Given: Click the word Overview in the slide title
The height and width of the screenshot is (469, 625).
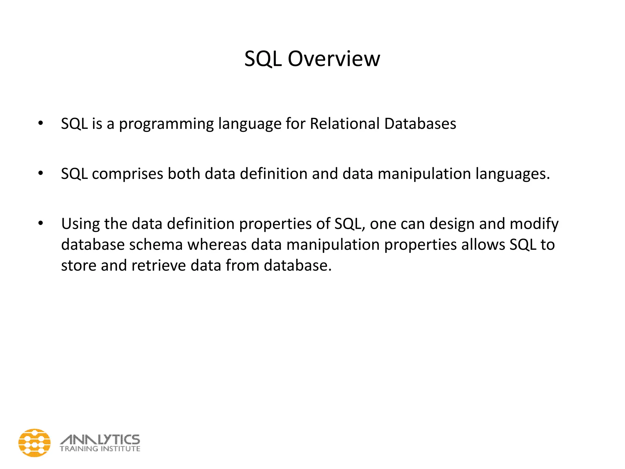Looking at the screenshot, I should (334, 59).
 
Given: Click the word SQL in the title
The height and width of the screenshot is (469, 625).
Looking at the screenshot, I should (263, 59).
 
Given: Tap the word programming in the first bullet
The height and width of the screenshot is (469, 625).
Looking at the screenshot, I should (166, 124).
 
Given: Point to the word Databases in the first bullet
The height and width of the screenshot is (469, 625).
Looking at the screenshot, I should (420, 124).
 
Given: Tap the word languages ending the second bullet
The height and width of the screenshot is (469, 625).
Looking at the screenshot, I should (512, 174).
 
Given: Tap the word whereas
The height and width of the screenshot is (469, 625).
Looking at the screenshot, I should (217, 245).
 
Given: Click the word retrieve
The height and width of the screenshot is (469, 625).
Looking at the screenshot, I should (159, 265).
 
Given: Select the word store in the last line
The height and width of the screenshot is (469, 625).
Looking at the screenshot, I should (79, 265).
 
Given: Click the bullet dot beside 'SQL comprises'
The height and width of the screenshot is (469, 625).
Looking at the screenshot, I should (41, 173).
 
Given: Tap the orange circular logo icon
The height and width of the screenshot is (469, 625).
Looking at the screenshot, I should (34, 443).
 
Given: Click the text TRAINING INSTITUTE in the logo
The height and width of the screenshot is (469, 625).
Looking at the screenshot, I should (100, 449).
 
